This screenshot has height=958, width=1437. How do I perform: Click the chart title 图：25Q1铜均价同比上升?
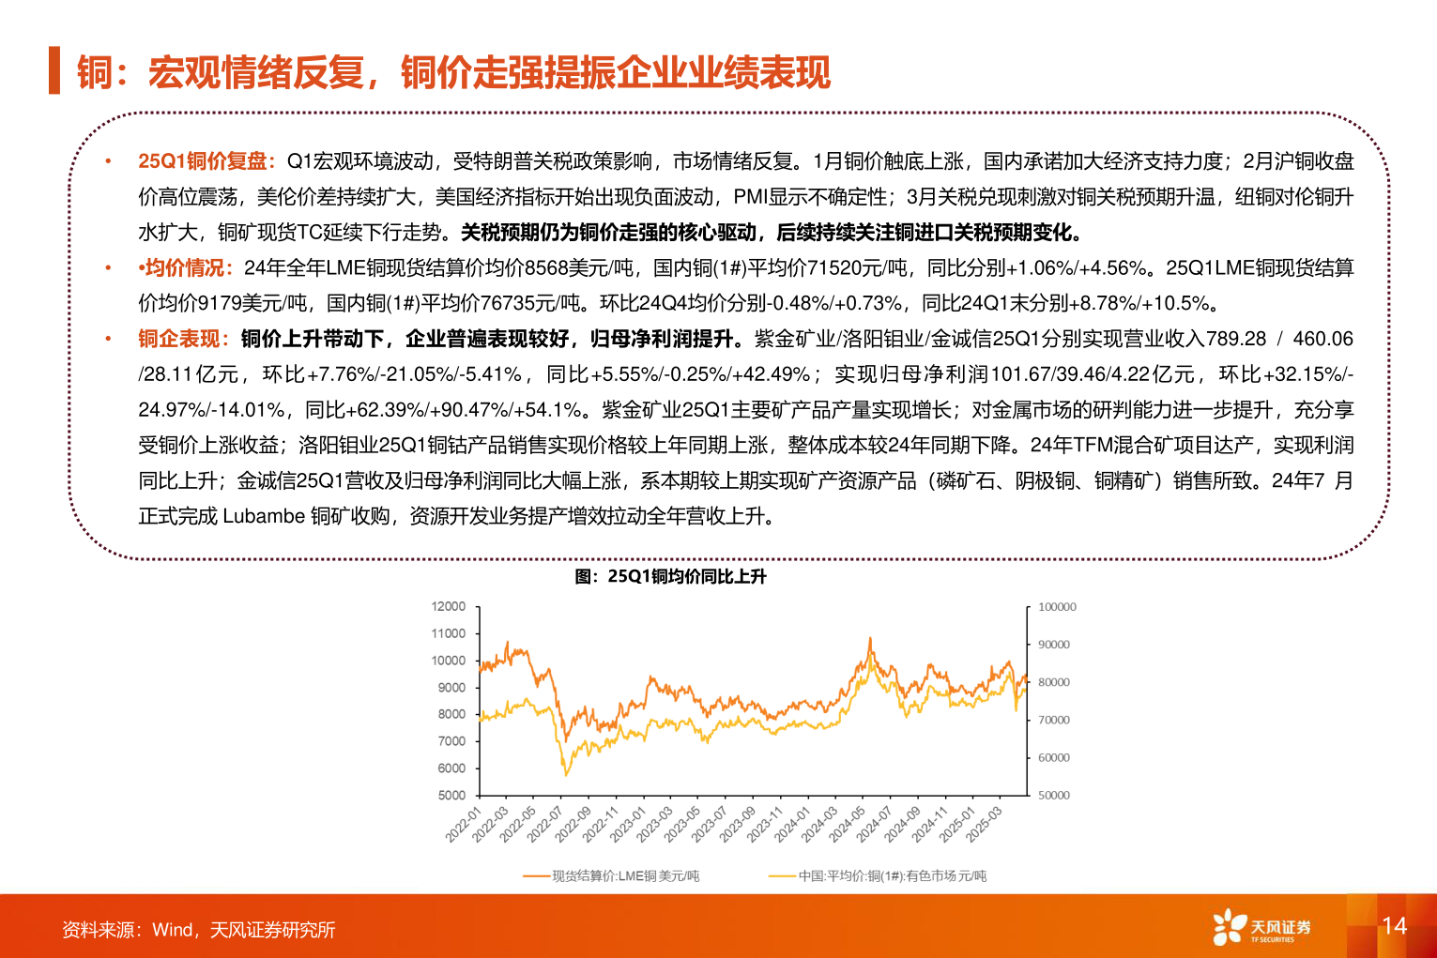tap(670, 576)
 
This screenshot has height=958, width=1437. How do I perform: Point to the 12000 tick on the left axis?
tap(449, 606)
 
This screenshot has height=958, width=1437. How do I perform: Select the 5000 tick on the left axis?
tap(451, 795)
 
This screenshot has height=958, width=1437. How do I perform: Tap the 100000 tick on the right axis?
tap(1057, 607)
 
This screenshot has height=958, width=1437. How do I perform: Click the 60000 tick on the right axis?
tap(1054, 757)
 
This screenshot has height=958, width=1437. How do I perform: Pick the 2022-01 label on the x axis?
tap(464, 824)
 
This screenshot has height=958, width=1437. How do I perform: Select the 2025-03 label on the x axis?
tap(985, 824)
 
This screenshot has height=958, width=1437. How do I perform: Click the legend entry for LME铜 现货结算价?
tap(612, 876)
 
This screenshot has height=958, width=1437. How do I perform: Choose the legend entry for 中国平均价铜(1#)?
tap(879, 876)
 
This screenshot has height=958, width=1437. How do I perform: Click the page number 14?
tap(1394, 926)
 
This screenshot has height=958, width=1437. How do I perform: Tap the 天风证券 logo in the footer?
tap(1261, 927)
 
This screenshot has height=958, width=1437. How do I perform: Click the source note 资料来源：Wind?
tap(198, 930)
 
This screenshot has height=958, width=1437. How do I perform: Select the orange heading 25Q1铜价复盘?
tap(206, 161)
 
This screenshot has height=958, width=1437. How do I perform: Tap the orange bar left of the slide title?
tap(54, 70)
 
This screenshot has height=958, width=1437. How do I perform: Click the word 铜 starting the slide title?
tap(94, 72)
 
